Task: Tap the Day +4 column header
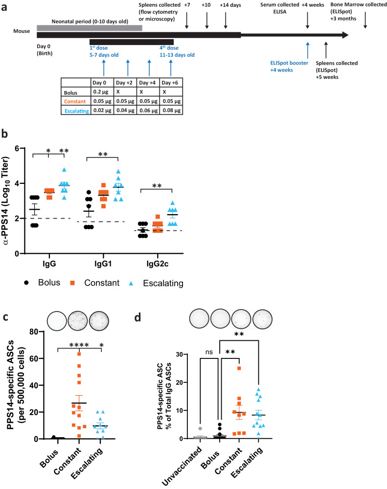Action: click(148, 82)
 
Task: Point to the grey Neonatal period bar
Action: click(89, 28)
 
